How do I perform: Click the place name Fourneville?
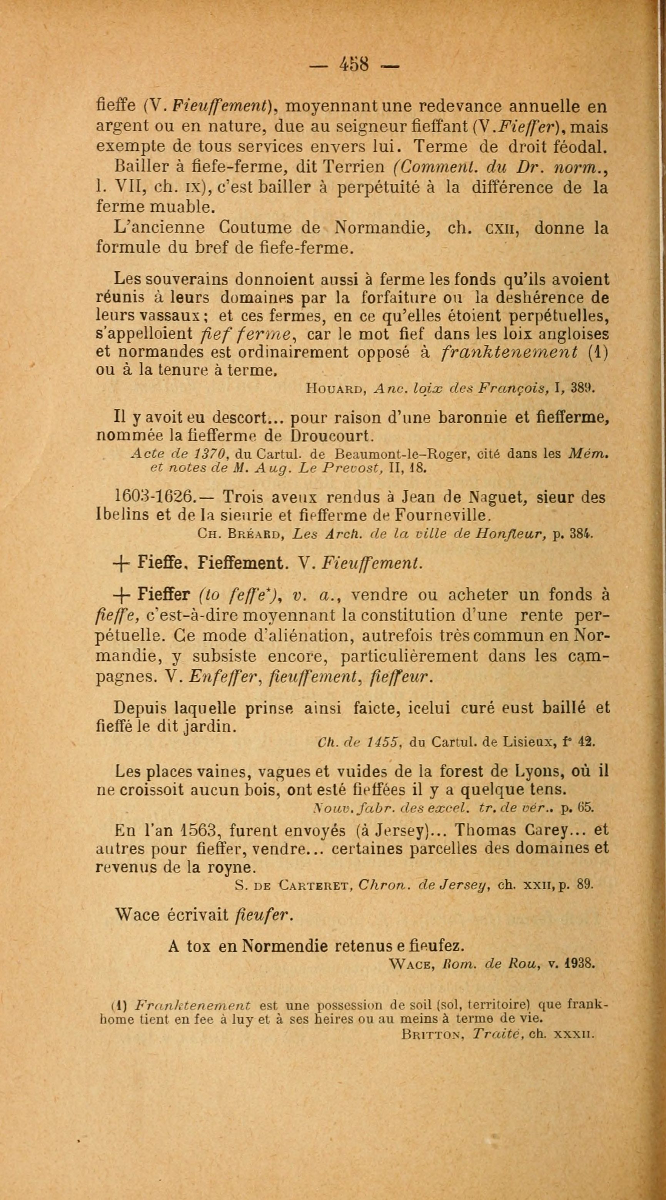(442, 515)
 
